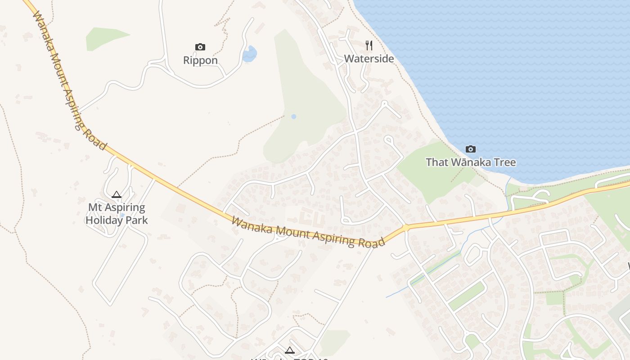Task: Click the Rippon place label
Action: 200,60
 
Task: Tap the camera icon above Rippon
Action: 200,47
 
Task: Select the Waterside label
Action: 369,59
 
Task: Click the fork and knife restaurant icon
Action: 369,45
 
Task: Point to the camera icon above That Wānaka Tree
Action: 470,149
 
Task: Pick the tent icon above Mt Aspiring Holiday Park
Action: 117,195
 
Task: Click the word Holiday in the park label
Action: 106,220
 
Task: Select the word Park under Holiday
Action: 137,220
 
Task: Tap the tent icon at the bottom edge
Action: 290,350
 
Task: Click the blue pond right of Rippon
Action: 249,54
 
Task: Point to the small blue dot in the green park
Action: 293,117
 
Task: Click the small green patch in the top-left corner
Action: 106,38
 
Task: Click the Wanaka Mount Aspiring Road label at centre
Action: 309,232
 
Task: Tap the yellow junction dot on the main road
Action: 406,228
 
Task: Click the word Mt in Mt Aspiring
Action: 94,208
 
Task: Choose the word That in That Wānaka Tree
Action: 437,162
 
